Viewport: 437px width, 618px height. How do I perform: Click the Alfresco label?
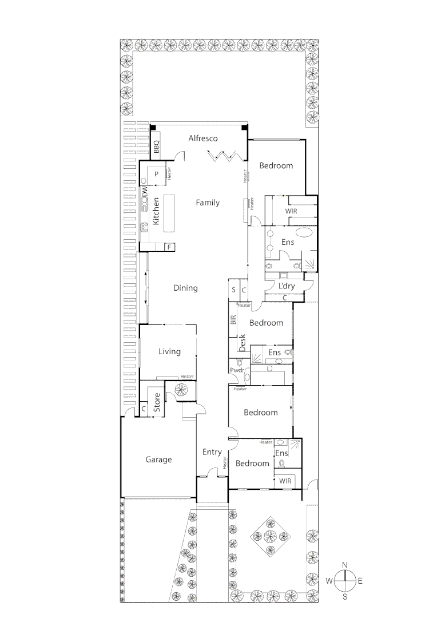tap(204, 138)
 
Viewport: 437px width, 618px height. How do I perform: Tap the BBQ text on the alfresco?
tap(156, 147)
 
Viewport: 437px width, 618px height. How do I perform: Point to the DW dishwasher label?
tap(145, 193)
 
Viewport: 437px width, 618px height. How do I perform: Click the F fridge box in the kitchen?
tap(169, 247)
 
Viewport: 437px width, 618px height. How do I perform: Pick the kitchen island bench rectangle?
tap(169, 213)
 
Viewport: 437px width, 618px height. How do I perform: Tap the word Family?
tap(207, 203)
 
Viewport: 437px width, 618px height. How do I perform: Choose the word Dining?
tap(185, 288)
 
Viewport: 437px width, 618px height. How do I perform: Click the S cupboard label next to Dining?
tap(233, 290)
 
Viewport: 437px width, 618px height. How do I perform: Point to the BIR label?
tap(233, 320)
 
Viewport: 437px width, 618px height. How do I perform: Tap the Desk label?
tap(242, 342)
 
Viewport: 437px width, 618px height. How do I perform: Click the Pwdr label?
tap(237, 370)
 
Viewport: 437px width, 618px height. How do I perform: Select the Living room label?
tap(169, 351)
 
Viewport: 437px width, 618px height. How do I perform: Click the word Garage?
tap(158, 459)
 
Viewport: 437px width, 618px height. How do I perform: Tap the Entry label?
tap(212, 452)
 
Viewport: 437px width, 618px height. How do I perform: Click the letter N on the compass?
tap(344, 565)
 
